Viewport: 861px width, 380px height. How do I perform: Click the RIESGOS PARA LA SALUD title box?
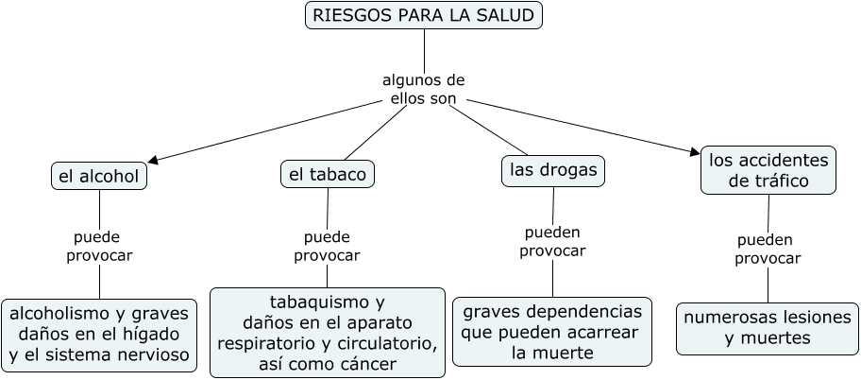pos(424,15)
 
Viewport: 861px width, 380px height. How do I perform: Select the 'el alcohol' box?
pos(98,176)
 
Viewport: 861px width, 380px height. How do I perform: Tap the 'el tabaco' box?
pos(328,174)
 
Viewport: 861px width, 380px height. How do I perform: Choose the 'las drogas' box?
pos(552,170)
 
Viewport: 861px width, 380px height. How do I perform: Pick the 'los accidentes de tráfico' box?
pos(768,170)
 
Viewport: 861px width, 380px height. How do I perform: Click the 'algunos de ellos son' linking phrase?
pos(423,89)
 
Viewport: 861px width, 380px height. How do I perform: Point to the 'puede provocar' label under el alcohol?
pos(98,246)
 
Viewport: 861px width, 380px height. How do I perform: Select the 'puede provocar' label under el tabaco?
pos(327,246)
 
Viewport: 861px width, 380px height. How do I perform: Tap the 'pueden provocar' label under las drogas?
pos(552,241)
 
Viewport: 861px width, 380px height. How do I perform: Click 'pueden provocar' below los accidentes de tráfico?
pos(767,249)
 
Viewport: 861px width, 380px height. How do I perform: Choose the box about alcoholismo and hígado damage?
pos(99,335)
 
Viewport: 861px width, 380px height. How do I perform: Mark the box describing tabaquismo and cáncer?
pos(327,333)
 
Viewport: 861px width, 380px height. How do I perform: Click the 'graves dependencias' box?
pos(552,332)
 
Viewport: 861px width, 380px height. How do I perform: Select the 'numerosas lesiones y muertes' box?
pos(767,328)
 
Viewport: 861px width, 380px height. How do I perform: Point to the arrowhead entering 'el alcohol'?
pos(151,161)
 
